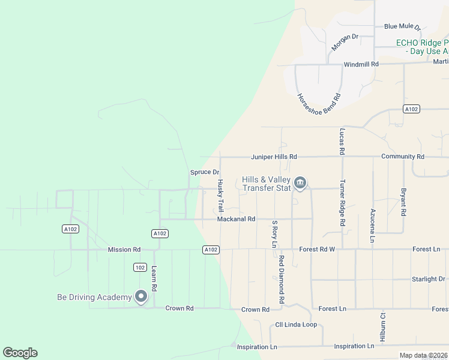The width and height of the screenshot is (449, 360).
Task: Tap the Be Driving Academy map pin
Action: click(x=141, y=296)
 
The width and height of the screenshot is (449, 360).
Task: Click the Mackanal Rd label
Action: click(x=237, y=220)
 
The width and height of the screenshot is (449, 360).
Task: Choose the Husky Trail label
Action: click(x=220, y=196)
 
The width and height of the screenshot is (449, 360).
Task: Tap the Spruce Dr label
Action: click(x=205, y=172)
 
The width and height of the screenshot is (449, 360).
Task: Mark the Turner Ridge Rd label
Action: click(x=342, y=203)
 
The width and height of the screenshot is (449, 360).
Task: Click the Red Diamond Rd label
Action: click(x=281, y=279)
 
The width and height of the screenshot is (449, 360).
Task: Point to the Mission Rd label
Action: click(x=124, y=250)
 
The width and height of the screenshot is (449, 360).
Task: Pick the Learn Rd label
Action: click(x=154, y=279)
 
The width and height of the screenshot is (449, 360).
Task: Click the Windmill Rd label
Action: click(x=361, y=64)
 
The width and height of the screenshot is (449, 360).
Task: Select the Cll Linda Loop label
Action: click(x=296, y=325)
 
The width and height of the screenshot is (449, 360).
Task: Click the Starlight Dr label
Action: click(x=429, y=279)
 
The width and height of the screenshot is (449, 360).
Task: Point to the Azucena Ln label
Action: click(x=373, y=226)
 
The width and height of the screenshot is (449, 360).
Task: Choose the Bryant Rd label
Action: click(x=403, y=203)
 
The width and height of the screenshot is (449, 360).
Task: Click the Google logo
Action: click(x=20, y=353)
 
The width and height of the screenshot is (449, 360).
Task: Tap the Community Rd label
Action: click(x=403, y=157)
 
